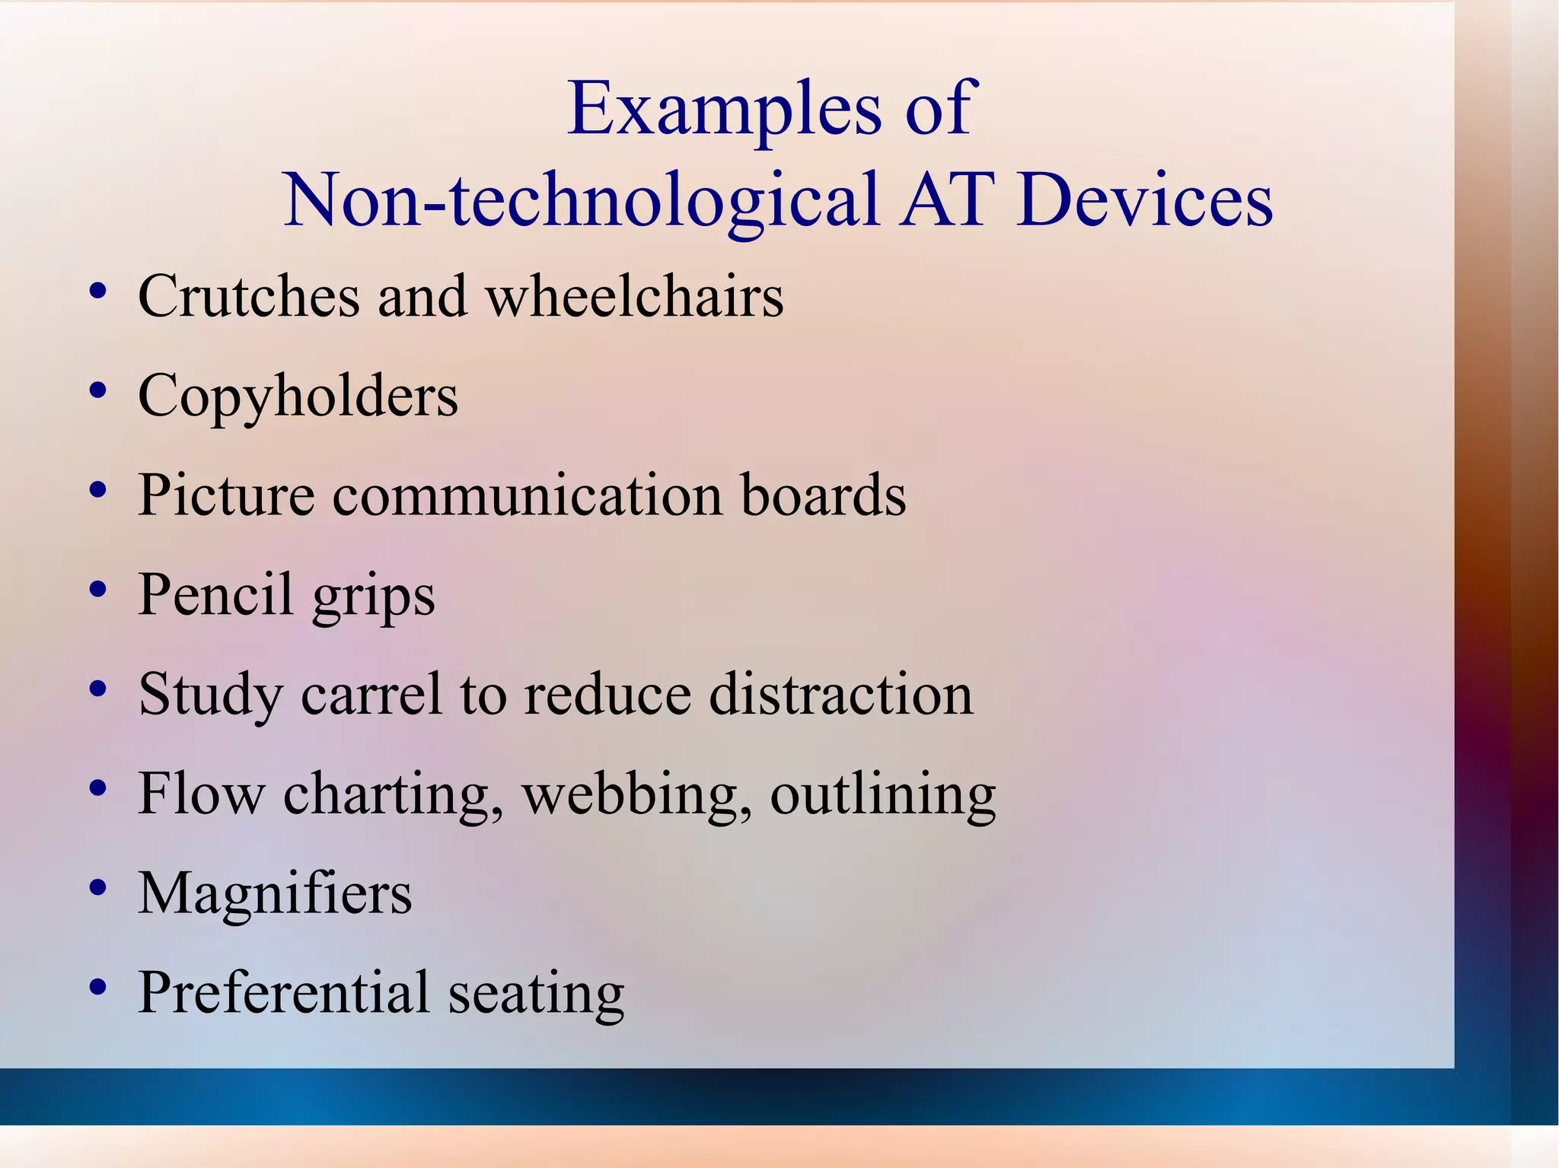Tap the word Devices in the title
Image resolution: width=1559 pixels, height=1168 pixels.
point(1144,200)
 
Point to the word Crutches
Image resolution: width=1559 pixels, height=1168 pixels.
point(249,296)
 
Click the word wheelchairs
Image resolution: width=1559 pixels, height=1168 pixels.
point(635,296)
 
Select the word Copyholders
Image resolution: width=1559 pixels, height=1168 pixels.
point(298,396)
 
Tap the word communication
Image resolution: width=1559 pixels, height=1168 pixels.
point(528,495)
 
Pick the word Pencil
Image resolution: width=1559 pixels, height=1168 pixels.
point(215,594)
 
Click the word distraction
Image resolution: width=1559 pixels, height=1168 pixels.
point(841,694)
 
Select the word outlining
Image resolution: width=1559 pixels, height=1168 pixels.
point(883,794)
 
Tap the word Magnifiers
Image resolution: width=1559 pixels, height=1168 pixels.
point(275,893)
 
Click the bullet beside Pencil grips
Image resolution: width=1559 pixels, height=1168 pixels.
point(97,590)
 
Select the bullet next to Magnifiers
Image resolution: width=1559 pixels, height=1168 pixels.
point(97,888)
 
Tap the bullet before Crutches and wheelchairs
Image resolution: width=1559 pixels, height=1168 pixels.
point(97,291)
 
